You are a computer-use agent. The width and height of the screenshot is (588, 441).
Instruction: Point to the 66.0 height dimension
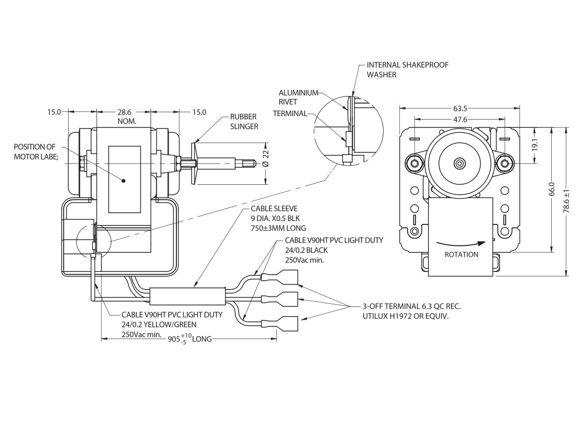pos(551,188)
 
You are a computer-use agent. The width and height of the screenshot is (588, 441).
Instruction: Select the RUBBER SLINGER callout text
pos(244,122)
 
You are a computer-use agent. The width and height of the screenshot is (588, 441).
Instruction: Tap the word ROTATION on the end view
pos(461,255)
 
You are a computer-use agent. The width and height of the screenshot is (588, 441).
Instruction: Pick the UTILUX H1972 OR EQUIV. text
pos(406,317)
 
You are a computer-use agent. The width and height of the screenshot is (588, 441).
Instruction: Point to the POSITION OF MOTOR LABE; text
pos(35,151)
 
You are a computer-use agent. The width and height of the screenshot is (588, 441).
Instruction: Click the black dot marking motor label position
pos(123,180)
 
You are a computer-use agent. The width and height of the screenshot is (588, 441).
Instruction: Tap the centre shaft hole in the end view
pos(459,162)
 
